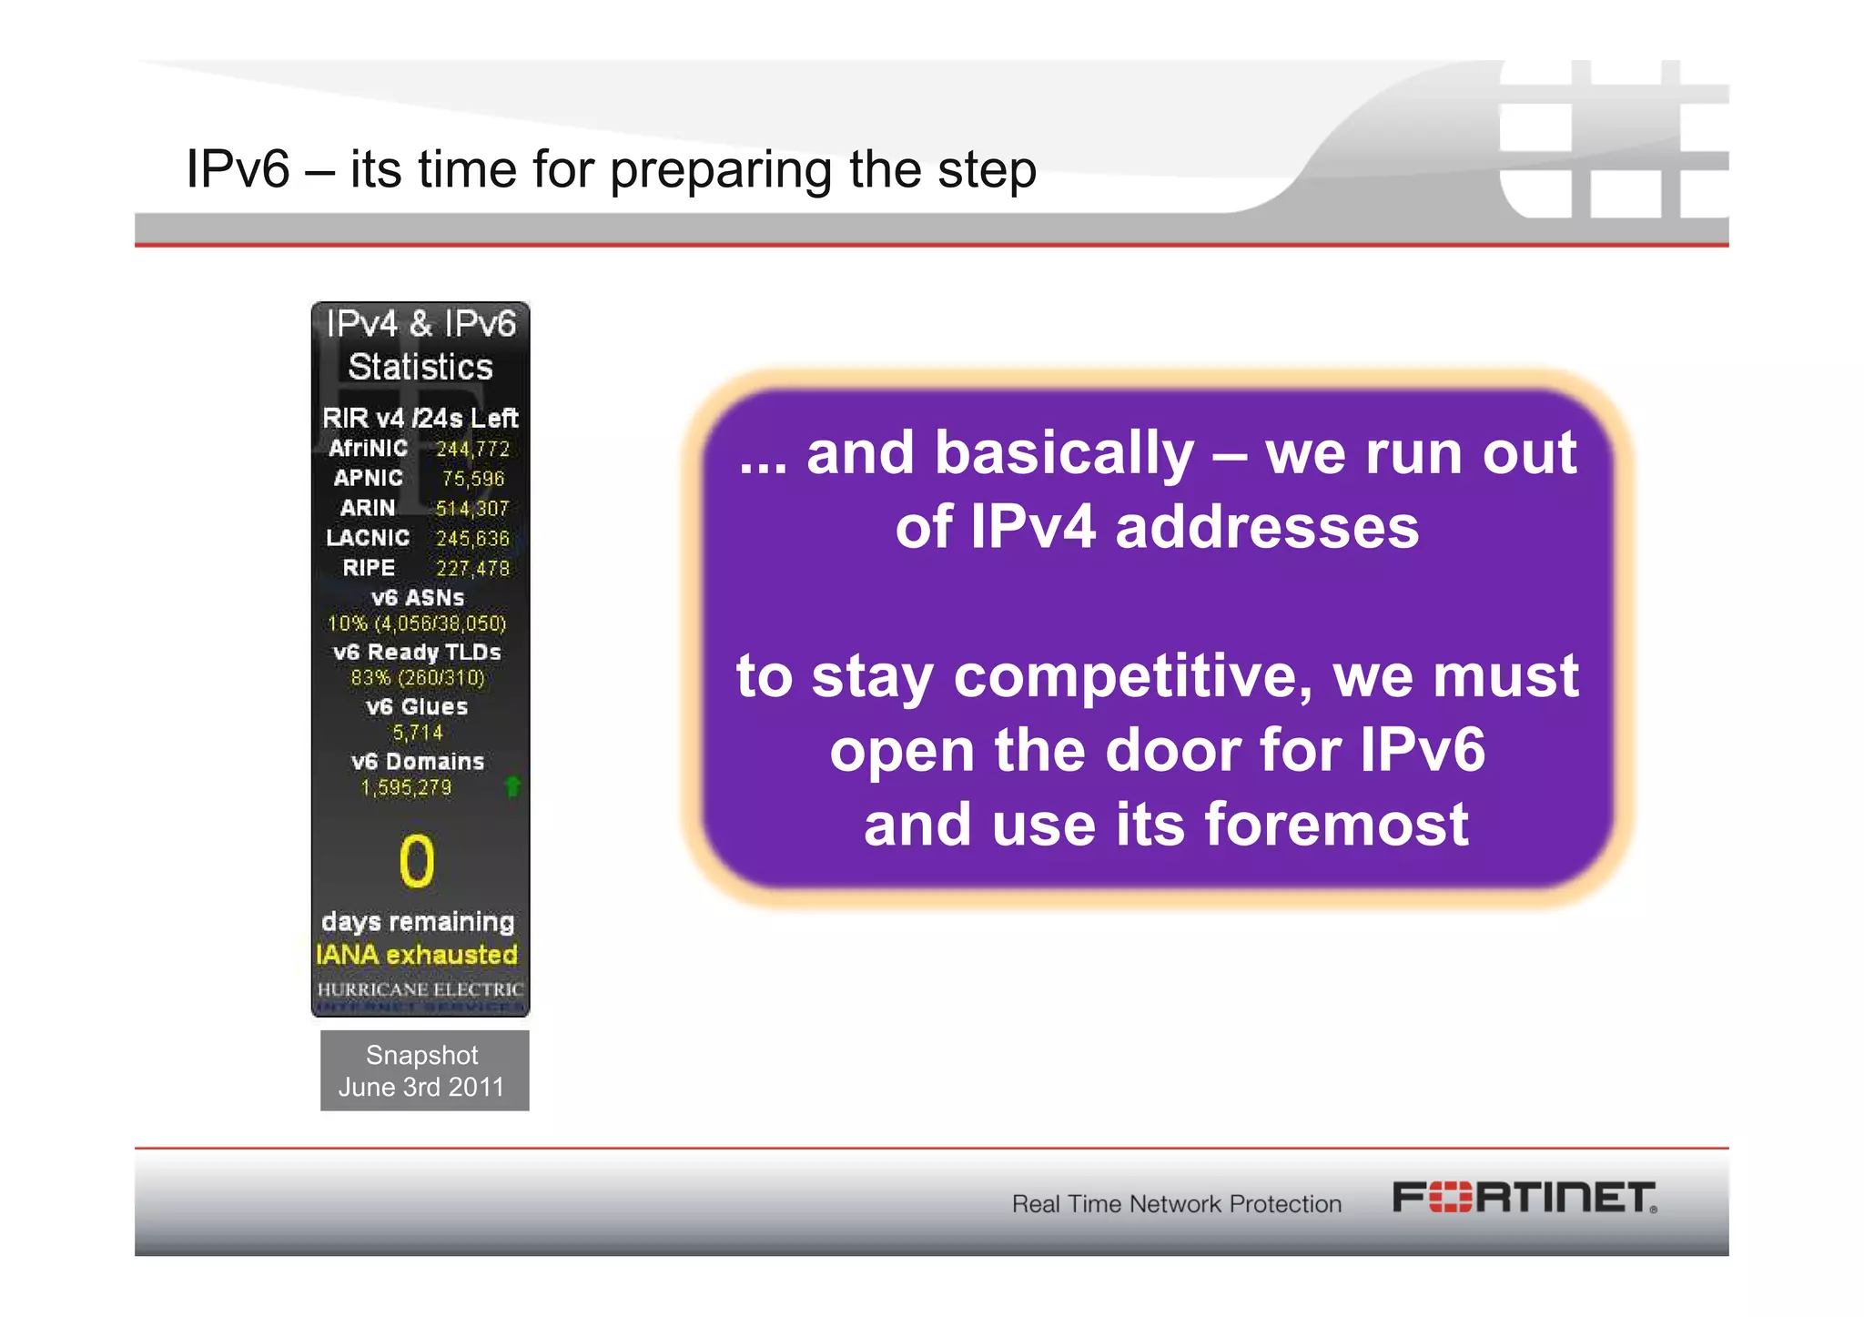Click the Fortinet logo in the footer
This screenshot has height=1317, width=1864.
(1524, 1197)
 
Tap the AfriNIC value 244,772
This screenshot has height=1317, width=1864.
(472, 449)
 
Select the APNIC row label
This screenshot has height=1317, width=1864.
(368, 478)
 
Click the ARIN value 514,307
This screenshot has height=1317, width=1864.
(472, 508)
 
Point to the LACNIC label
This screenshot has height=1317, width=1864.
(368, 538)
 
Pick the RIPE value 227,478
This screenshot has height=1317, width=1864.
(472, 568)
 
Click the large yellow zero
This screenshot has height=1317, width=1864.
(417, 861)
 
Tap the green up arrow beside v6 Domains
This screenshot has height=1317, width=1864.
(512, 785)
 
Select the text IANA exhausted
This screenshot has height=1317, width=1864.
(417, 955)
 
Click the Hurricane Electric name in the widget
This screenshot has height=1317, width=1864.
(420, 989)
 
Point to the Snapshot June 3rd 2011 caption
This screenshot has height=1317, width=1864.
(422, 1070)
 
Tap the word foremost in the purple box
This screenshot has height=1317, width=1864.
(1336, 824)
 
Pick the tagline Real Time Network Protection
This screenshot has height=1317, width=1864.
(1176, 1203)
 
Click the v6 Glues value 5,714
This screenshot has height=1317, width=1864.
(417, 733)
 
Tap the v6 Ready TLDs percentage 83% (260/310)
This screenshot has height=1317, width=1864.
(418, 678)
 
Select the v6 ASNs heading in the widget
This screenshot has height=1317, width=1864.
(418, 598)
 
